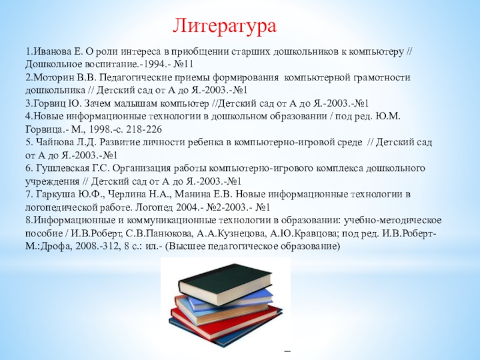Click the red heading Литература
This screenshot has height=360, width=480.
click(224, 26)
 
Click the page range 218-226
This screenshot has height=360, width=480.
click(143, 129)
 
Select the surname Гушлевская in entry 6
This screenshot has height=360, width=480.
click(63, 169)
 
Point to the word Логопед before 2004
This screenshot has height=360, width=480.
click(154, 208)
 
